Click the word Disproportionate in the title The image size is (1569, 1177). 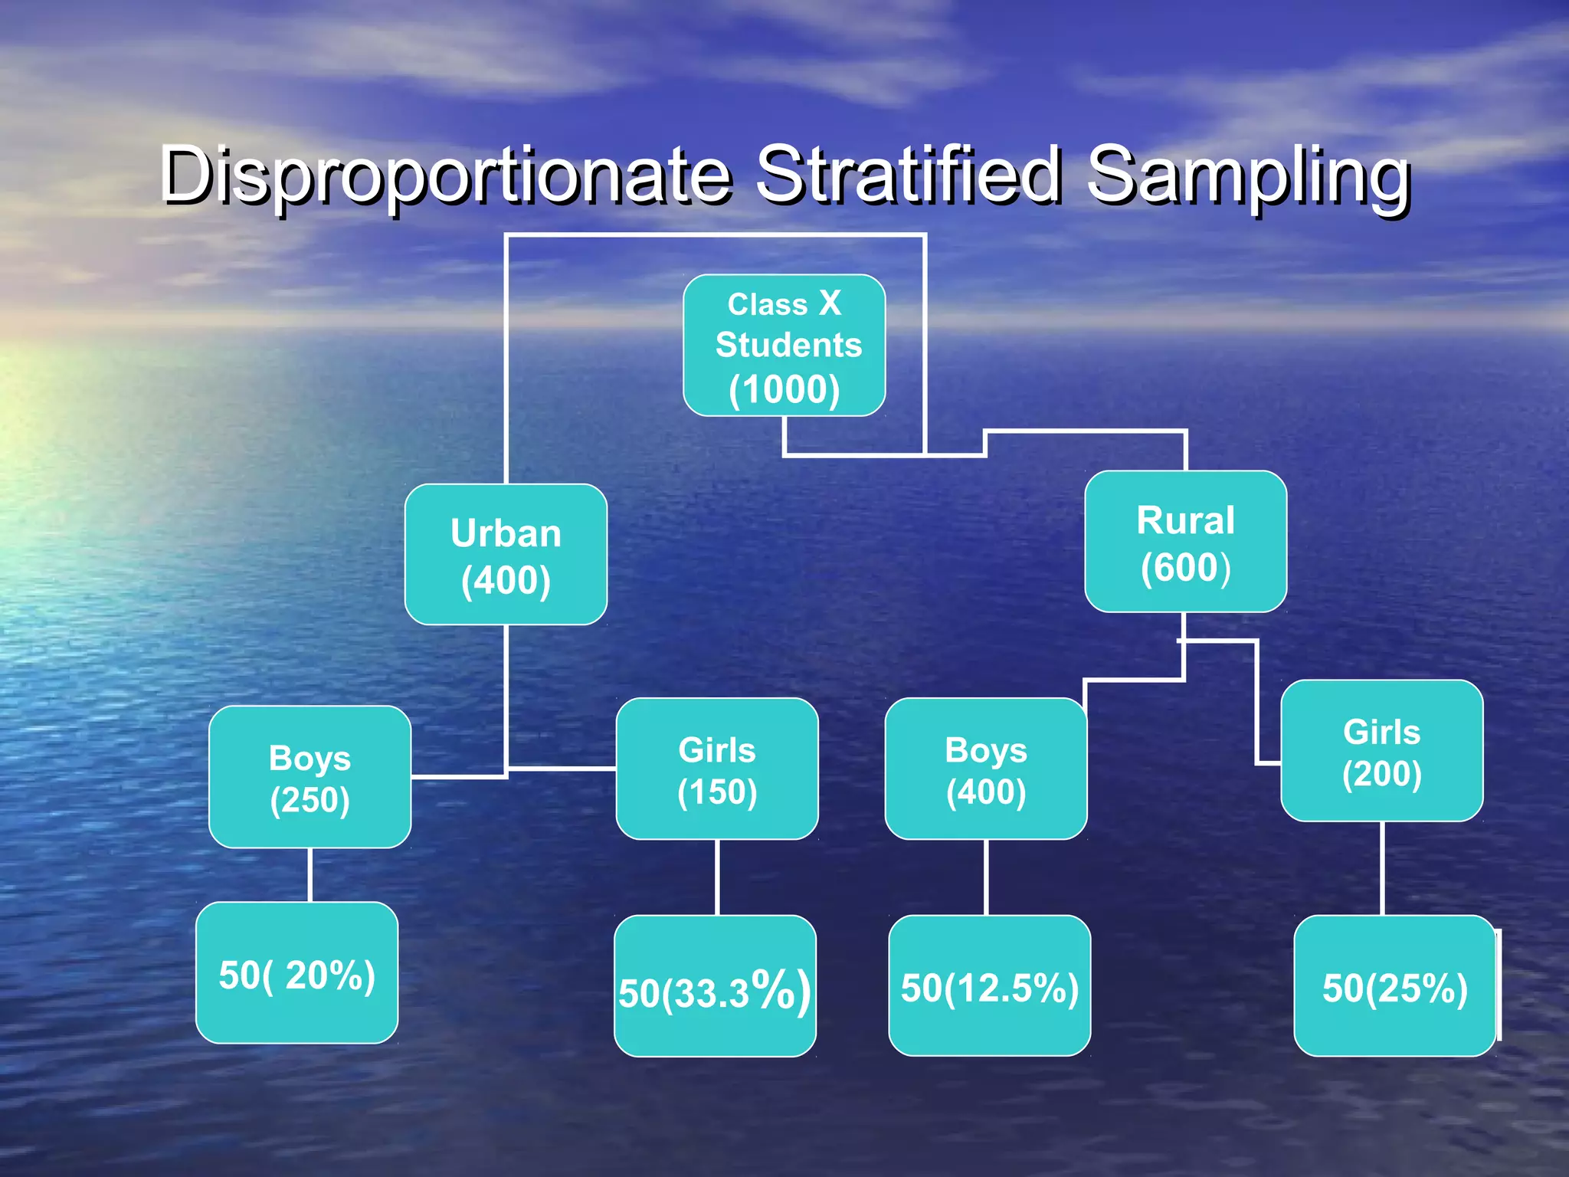coord(444,176)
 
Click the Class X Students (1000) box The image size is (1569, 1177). coord(784,346)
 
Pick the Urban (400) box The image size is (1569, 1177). coord(506,555)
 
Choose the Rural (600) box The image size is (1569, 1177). coord(1185,542)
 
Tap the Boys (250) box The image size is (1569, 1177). coord(310,777)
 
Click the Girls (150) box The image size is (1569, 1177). coord(717,769)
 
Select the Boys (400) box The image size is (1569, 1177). coord(986,769)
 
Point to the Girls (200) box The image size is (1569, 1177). coord(1382,751)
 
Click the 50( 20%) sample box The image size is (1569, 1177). coord(297,973)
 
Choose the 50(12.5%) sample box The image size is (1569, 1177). coord(990,986)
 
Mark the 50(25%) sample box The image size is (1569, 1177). coord(1394,986)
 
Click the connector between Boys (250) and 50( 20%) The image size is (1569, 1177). coord(310,875)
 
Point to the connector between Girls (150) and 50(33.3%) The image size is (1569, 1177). coord(717,877)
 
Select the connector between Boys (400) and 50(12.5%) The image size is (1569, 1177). coord(986,877)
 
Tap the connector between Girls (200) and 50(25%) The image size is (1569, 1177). coord(1382,868)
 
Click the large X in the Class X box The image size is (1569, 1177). coord(830,303)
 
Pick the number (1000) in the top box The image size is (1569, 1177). coord(784,389)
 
